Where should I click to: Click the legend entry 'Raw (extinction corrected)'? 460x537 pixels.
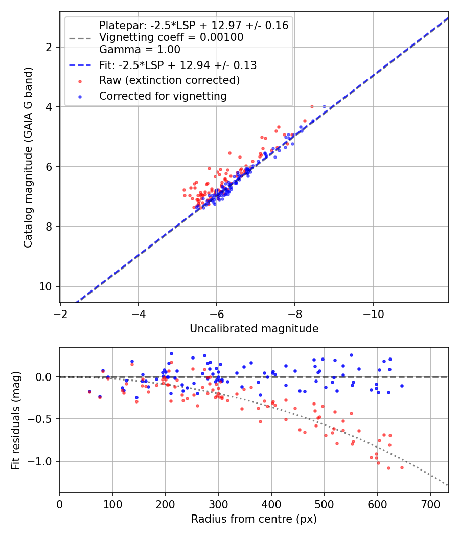pos(169,80)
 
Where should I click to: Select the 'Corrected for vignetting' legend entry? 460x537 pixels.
pos(163,96)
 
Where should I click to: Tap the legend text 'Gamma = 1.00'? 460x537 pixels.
pos(140,50)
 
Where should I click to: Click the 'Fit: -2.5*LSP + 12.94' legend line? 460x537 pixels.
pos(80,65)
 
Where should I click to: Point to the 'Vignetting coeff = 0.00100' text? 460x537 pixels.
pos(171,37)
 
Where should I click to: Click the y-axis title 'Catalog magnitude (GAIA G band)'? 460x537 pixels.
pos(28,157)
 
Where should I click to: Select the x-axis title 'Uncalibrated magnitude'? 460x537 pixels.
pos(254,329)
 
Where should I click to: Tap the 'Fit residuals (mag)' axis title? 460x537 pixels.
pos(16,420)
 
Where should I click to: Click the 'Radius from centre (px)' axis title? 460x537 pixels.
pos(254,519)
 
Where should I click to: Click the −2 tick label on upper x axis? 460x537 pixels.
pos(60,314)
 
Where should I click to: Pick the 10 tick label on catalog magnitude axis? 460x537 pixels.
pos(45,286)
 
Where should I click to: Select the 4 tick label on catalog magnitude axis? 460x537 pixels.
pos(49,107)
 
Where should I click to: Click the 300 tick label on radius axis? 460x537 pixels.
pos(218,504)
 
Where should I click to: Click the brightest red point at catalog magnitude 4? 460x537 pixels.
pos(312,107)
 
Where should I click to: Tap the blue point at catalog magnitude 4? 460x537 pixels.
pos(324,107)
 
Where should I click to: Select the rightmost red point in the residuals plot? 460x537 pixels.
pos(402,468)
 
